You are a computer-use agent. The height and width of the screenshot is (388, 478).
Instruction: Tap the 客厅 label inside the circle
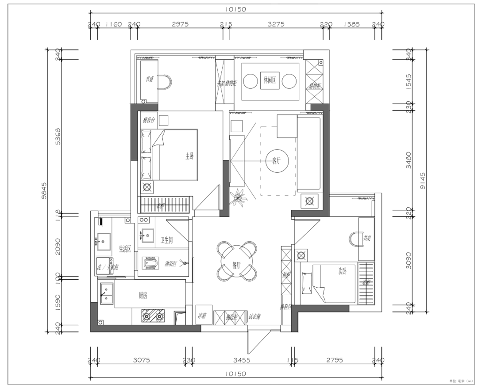coord(276,161)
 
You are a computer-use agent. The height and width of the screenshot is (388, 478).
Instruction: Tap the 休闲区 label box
coord(270,80)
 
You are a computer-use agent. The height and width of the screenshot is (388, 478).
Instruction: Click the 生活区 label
coord(125,249)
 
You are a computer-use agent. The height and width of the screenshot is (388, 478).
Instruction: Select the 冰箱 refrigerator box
coord(202,316)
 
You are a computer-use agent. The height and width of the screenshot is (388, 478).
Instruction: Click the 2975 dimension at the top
coord(180,24)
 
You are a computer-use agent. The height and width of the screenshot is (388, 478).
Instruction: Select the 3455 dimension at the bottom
coord(241,360)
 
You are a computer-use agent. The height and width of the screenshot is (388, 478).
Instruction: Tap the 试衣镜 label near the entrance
coord(254,316)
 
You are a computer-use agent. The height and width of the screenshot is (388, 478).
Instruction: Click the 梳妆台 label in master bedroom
coord(149,120)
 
